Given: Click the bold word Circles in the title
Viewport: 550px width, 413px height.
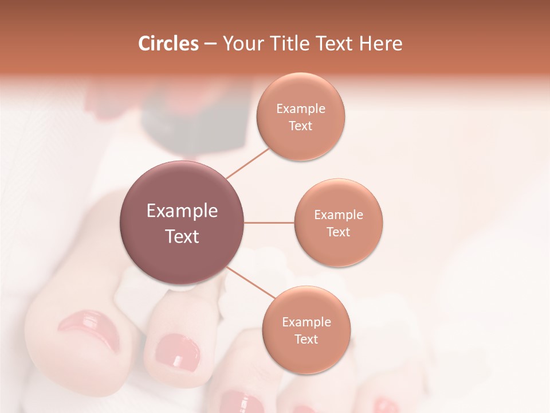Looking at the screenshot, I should pos(168,44).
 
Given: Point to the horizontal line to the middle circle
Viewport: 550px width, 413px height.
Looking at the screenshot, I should pos(269,223).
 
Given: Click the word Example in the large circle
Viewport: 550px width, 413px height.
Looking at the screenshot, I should pos(182,211).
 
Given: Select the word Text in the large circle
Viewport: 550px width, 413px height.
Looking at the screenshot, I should pos(182,236).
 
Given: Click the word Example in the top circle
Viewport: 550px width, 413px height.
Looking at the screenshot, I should pos(300,109).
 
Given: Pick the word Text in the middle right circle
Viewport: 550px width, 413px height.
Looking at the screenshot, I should pos(338,232).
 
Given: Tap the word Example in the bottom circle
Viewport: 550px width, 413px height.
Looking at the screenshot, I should pos(306,322).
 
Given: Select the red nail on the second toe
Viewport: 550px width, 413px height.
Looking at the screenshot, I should pos(178,351).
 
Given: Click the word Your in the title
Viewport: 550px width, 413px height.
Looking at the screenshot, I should pos(241,44).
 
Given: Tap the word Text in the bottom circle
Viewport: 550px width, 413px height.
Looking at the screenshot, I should pos(306,340).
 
